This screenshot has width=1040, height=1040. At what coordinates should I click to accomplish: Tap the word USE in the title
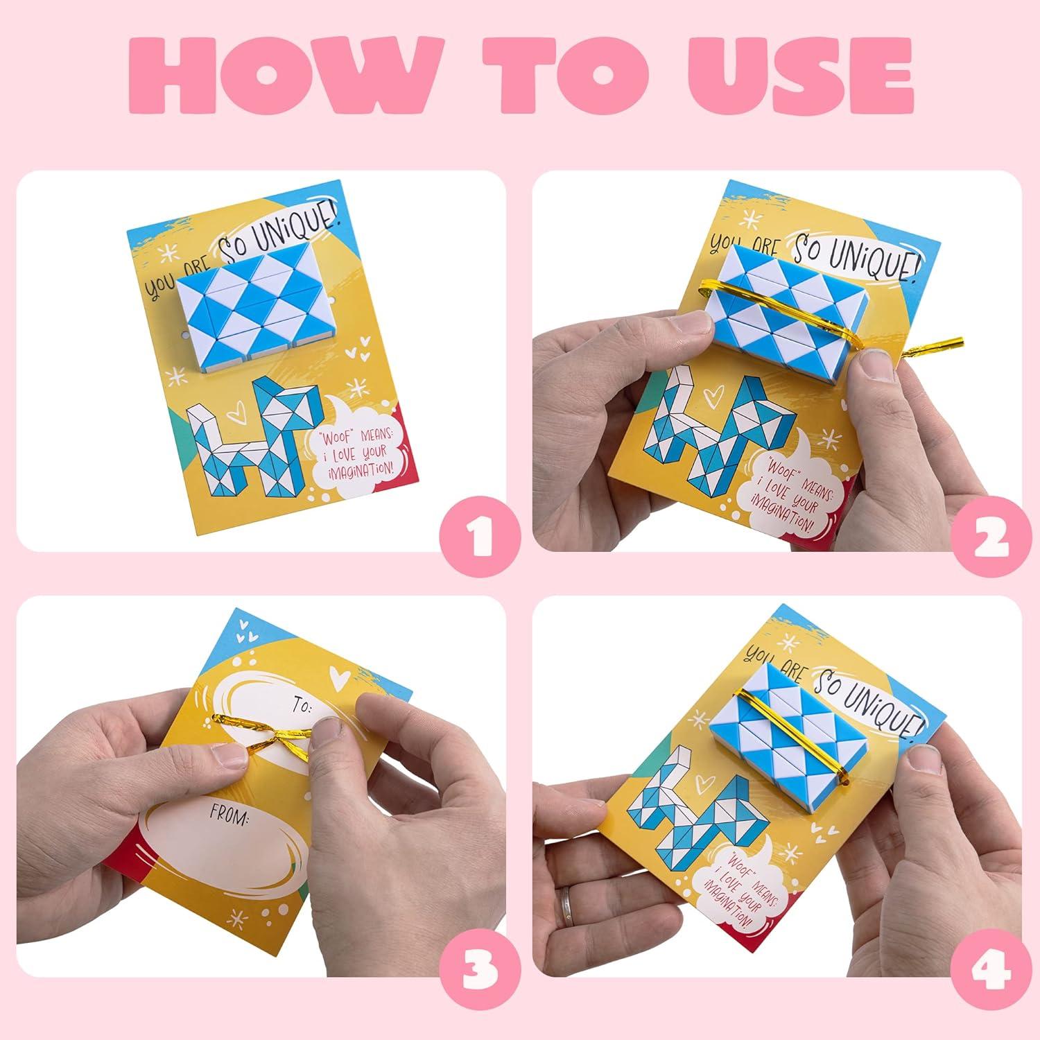pyautogui.click(x=777, y=87)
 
